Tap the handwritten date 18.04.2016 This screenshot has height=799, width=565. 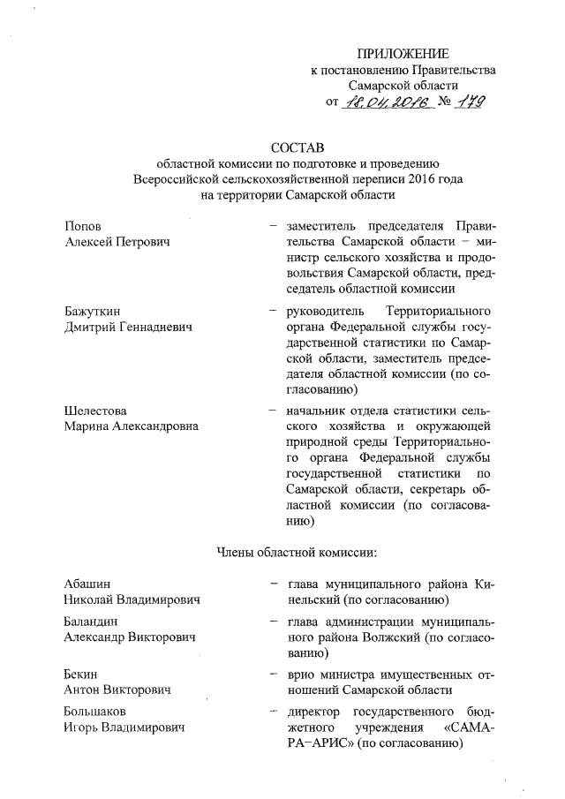tap(389, 103)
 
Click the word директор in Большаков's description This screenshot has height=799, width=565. tap(303, 711)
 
